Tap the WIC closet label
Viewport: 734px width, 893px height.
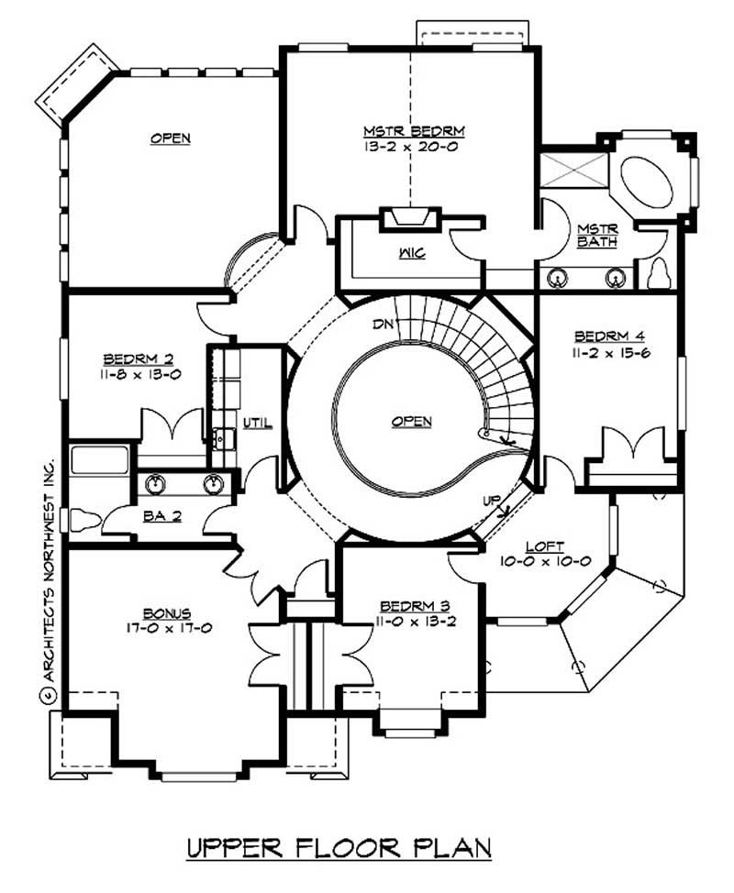point(411,253)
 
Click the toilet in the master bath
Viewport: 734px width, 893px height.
point(662,273)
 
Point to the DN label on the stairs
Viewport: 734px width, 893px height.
point(384,324)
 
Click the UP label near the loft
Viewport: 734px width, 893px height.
point(492,501)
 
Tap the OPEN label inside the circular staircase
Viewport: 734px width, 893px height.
point(412,421)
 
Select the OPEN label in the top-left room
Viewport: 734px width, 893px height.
point(171,138)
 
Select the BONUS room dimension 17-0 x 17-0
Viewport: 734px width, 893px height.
point(166,628)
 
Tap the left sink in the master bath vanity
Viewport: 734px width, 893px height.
point(556,277)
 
